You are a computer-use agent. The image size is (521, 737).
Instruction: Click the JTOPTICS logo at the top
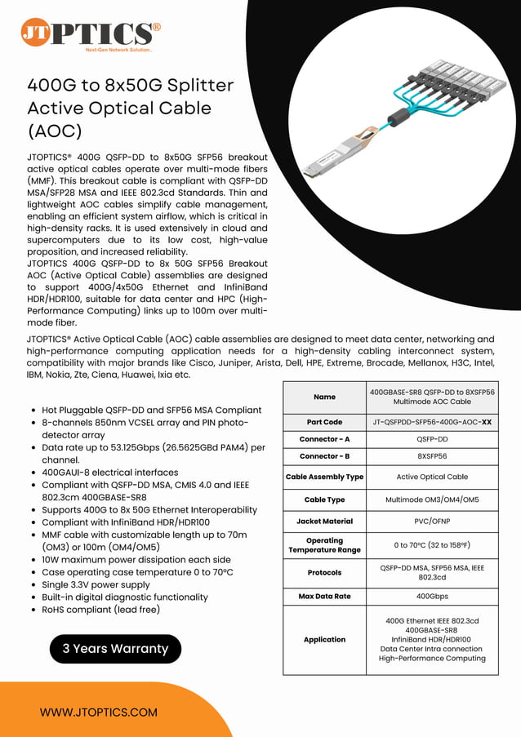tap(90, 34)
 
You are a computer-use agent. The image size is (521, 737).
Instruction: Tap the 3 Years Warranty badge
tap(115, 649)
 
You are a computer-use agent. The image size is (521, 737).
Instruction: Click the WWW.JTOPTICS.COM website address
tap(99, 712)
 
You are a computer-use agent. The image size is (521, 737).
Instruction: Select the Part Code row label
tap(324, 422)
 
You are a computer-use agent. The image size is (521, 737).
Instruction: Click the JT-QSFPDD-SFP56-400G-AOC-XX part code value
tap(431, 422)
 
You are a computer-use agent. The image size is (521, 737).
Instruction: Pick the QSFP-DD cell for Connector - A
tap(431, 439)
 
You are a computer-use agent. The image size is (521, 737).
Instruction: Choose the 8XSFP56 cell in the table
tap(431, 456)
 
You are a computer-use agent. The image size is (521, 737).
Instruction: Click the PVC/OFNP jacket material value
tap(431, 521)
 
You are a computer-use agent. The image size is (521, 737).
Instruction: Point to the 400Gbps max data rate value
tap(431, 597)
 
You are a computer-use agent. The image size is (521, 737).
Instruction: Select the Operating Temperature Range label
tap(324, 545)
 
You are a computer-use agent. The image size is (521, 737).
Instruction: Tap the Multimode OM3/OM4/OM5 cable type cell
tap(431, 499)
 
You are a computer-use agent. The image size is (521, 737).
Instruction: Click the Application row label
tap(324, 640)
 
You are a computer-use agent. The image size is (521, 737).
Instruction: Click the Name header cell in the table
tap(324, 397)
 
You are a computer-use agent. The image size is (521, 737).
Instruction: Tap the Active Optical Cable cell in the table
tap(431, 477)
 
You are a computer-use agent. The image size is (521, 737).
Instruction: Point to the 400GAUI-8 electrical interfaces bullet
tap(109, 473)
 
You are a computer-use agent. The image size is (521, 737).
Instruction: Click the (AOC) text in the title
tap(55, 131)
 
